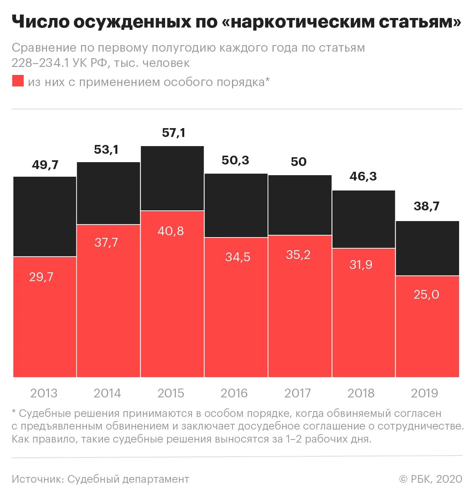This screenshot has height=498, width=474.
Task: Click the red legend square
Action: coord(18,81)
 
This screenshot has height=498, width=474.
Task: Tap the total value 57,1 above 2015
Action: coord(174,133)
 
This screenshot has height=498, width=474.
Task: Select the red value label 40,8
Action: coord(170,231)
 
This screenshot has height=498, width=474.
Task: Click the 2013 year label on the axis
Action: coord(44,393)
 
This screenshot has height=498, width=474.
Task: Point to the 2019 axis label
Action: coord(424,393)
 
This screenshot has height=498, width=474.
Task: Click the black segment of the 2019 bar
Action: coord(427,248)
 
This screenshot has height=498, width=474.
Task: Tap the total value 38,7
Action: coord(427,206)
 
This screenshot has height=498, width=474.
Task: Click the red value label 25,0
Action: coord(426,294)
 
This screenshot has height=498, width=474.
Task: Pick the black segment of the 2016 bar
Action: coord(236,205)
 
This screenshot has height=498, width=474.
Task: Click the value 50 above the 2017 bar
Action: coord(299,162)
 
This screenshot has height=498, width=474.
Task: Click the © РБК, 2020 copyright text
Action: coord(430,479)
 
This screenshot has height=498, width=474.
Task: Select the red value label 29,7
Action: coord(41,277)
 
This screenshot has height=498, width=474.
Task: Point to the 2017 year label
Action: coord(298,393)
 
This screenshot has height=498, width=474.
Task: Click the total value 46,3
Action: coord(363,176)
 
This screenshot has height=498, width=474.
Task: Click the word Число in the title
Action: coord(39,22)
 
